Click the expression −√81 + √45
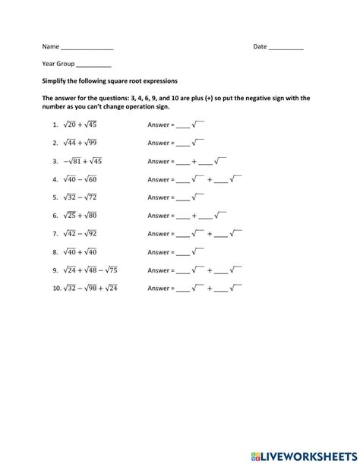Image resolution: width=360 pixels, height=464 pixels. (82, 161)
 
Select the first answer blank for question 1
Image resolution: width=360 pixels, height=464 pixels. (182, 125)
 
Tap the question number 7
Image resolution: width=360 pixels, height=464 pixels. (55, 234)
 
